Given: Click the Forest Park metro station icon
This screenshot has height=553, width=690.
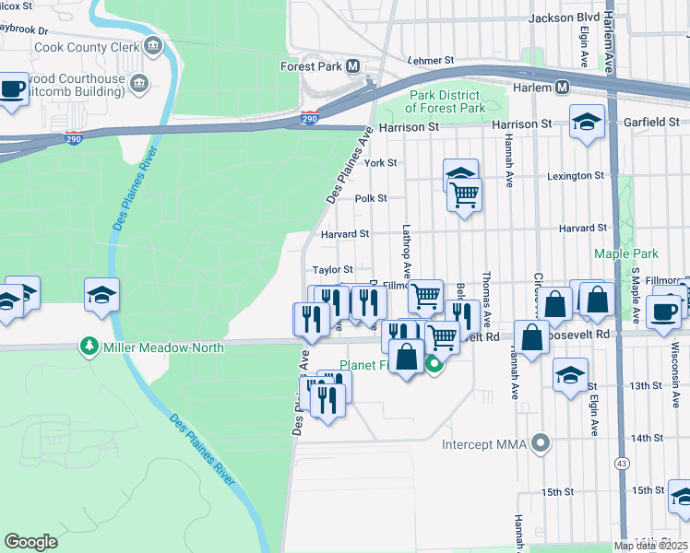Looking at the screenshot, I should tap(352, 66).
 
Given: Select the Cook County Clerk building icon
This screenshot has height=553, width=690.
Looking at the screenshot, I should tap(153, 45).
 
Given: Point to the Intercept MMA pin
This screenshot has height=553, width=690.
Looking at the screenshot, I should tap(541, 445).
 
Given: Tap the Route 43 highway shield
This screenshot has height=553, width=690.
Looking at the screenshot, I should tap(625, 462).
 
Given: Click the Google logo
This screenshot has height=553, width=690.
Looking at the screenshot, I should tap(31, 542).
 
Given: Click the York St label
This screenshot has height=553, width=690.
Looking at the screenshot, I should tap(380, 162).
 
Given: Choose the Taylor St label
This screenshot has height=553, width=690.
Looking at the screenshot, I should tap(332, 270).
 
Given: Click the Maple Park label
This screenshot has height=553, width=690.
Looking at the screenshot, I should tap(626, 253).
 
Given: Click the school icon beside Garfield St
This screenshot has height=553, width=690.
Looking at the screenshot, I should tap(586, 123).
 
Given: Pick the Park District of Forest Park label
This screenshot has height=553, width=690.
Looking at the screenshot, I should tap(446, 101).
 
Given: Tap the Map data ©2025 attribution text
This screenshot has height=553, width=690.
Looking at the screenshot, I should tap(649, 545).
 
